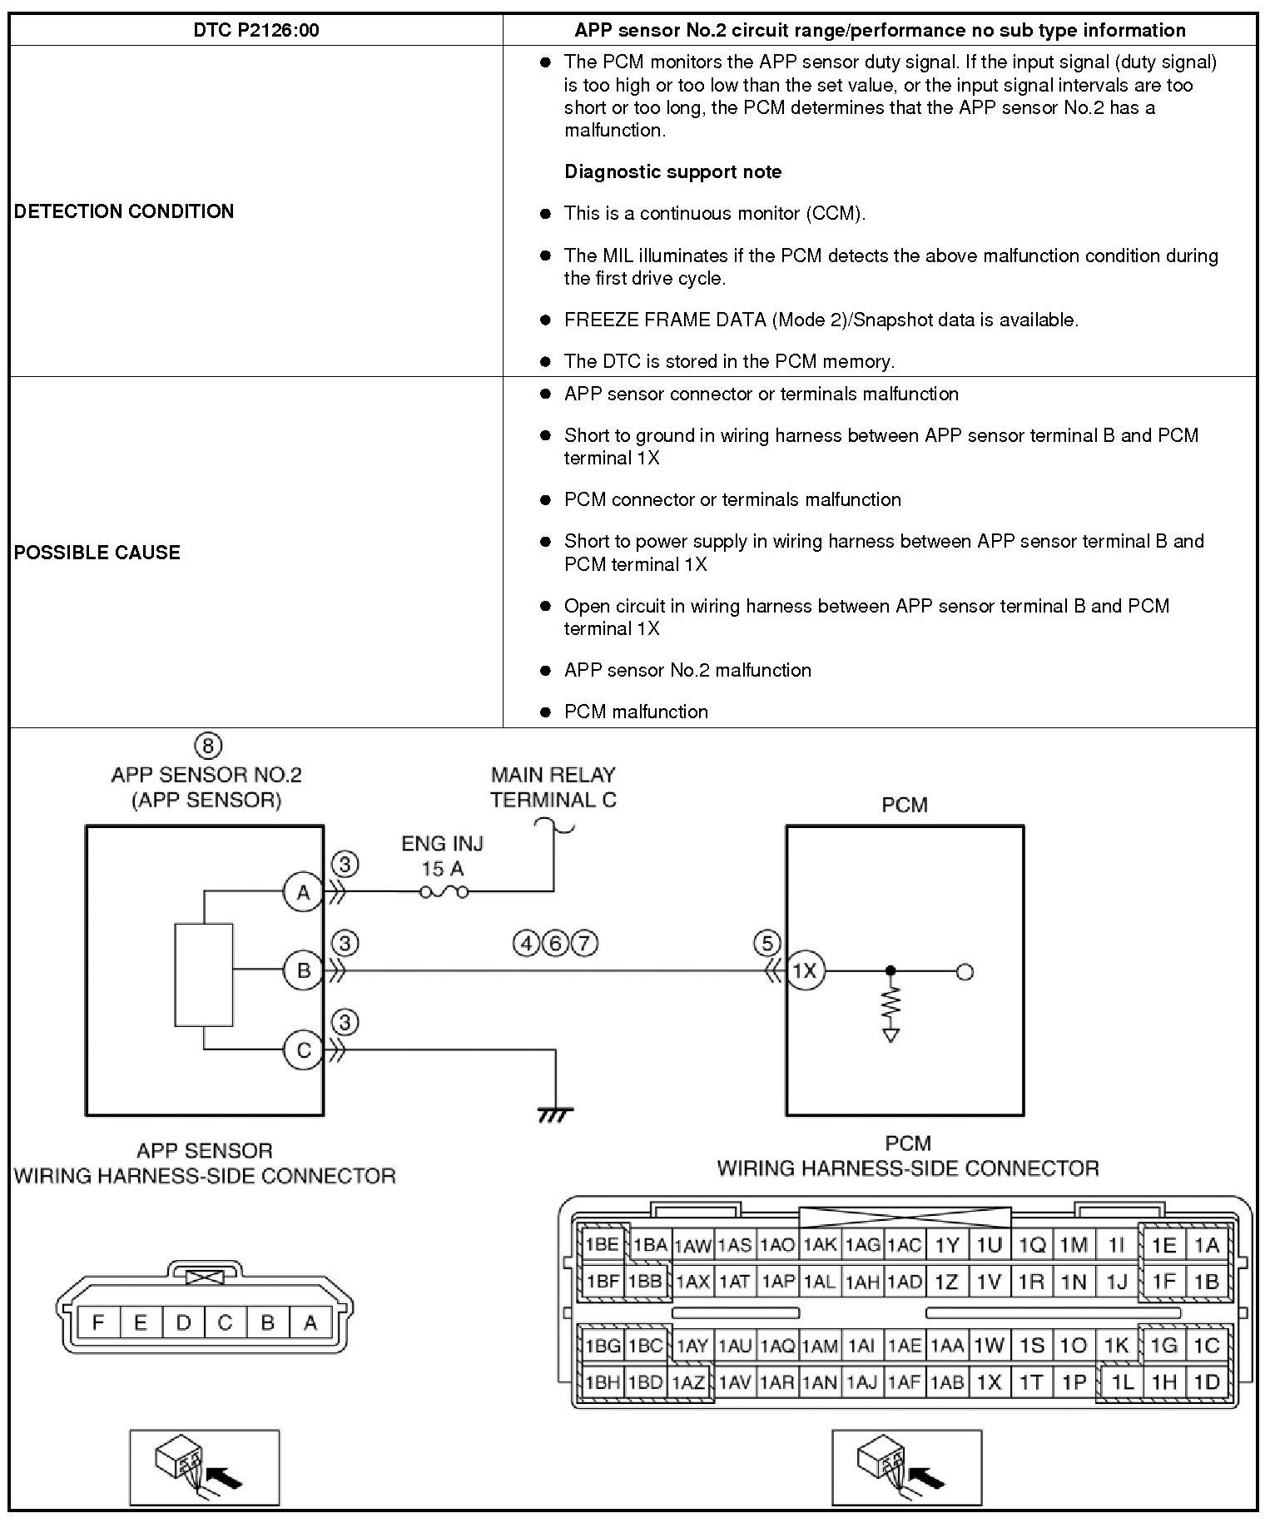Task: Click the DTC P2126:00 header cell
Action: point(255,31)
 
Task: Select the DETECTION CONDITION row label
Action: point(124,211)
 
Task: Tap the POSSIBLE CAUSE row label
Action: point(97,553)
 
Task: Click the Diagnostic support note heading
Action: point(672,172)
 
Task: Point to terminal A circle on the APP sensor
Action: point(303,892)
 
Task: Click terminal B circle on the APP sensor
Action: point(303,970)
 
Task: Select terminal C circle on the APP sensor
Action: point(303,1050)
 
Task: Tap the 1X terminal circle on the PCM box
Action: point(805,970)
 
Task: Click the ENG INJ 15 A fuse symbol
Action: point(443,892)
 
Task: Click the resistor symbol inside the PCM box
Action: point(891,1004)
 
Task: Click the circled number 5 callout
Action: point(766,944)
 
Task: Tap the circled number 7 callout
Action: point(585,944)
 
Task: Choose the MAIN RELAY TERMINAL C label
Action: point(553,787)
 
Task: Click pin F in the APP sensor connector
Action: point(98,1322)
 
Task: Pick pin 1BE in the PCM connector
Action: point(603,1246)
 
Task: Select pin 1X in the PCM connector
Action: point(989,1382)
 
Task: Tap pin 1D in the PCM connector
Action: point(1206,1382)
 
